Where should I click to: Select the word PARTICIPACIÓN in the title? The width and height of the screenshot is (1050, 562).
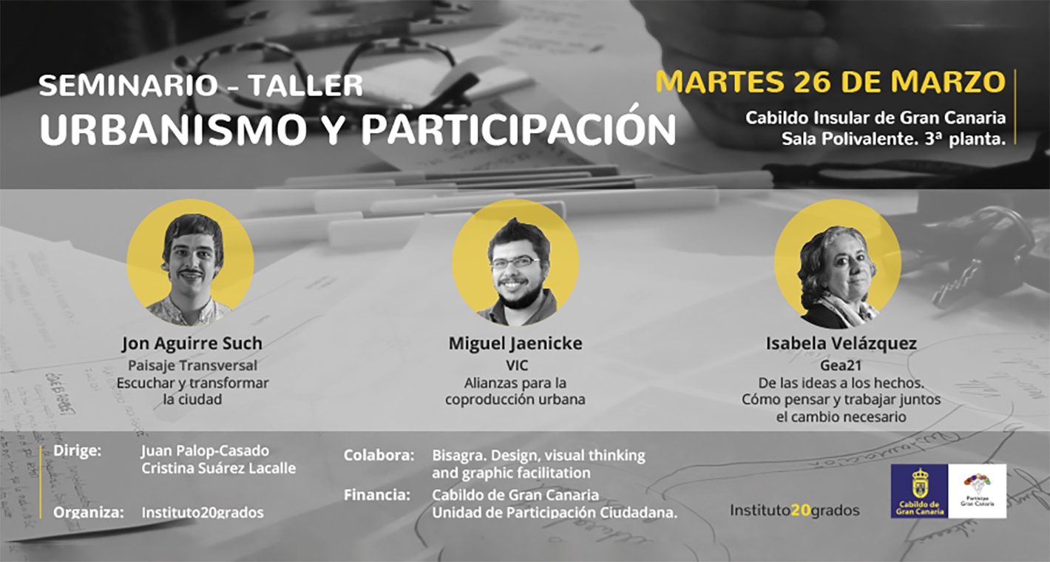pyautogui.click(x=518, y=129)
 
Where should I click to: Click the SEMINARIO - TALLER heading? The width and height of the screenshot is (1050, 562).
pyautogui.click(x=200, y=86)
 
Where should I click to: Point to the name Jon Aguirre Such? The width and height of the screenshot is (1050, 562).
pyautogui.click(x=192, y=344)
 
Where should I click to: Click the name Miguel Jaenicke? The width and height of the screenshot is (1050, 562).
pyautogui.click(x=515, y=344)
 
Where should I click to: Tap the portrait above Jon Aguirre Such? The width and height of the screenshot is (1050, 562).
pyautogui.click(x=191, y=263)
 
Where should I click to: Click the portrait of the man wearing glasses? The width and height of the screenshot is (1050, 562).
pyautogui.click(x=515, y=263)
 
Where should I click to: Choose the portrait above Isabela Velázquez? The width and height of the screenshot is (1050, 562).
pyautogui.click(x=837, y=266)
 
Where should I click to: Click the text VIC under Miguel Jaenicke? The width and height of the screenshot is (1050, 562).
pyautogui.click(x=515, y=365)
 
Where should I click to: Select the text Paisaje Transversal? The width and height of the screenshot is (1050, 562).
pyautogui.click(x=192, y=365)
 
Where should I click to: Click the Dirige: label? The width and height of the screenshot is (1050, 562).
pyautogui.click(x=78, y=450)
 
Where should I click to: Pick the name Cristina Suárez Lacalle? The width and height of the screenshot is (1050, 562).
pyautogui.click(x=218, y=469)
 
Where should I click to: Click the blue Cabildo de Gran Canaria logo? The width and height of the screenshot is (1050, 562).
pyautogui.click(x=919, y=491)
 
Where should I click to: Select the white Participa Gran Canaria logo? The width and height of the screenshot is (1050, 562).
pyautogui.click(x=977, y=491)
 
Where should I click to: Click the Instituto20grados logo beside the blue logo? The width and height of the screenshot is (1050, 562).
pyautogui.click(x=795, y=510)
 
